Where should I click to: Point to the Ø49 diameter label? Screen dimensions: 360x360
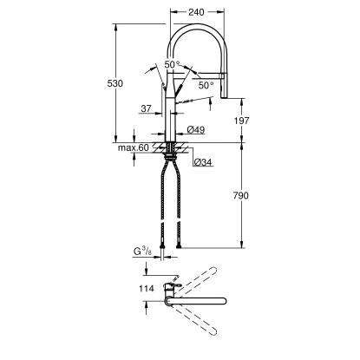(x=196, y=130)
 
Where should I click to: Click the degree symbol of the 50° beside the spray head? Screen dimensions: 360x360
(x=213, y=82)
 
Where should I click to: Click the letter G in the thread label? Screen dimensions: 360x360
(x=137, y=252)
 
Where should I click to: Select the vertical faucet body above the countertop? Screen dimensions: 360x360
(x=169, y=108)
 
